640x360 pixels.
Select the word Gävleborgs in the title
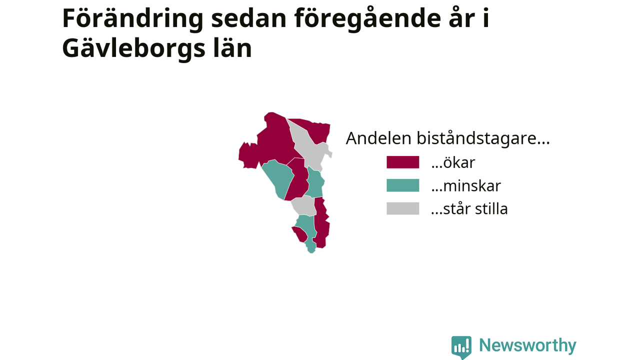tap(133, 49)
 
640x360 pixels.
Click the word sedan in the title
tap(248, 18)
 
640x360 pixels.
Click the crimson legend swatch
tap(402, 162)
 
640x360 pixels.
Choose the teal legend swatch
tap(402, 185)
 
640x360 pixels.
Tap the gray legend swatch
tap(402, 208)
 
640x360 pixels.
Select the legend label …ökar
tap(453, 162)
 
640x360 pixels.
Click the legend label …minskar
tap(466, 185)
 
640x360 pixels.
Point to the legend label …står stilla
tap(469, 209)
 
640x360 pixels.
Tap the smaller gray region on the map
tap(304, 205)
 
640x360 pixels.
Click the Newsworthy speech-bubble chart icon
tap(461, 347)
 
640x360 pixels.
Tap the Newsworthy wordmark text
tap(527, 345)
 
